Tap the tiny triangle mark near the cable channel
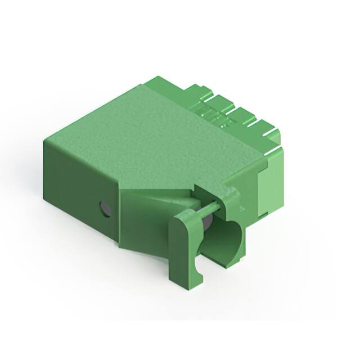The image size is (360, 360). (242, 208)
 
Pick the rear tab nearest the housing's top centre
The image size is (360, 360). (195, 93)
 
